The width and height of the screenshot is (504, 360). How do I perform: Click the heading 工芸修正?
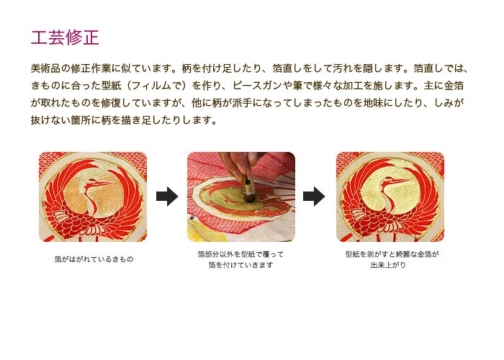65,37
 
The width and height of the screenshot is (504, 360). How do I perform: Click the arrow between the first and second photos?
167,196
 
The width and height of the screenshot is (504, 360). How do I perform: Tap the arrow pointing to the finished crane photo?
314,196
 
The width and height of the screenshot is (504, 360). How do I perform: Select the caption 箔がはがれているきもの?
94,259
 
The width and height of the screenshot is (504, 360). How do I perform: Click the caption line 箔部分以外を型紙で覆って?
240,254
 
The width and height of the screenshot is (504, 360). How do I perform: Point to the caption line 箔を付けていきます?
240,265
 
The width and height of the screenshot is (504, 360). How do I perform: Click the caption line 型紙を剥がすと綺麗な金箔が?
392,254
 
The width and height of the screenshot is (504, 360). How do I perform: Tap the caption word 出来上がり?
388,265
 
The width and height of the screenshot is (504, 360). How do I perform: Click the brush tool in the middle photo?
248,189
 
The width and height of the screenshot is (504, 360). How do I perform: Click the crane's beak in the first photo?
103,184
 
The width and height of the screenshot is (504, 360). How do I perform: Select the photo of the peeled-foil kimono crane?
93,197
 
